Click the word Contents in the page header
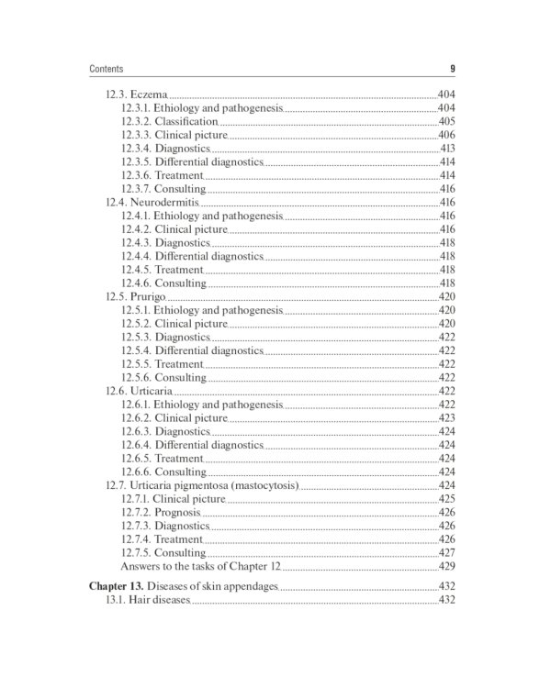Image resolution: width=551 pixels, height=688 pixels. [107, 69]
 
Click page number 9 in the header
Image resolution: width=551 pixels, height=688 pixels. [453, 69]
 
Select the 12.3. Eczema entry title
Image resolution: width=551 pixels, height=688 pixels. [136, 94]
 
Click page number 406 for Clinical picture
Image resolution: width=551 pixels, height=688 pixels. [447, 135]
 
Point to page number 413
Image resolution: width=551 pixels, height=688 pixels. [448, 148]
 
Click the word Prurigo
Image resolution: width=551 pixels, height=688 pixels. [147, 296]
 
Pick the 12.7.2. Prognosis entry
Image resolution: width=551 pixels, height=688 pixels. [160, 512]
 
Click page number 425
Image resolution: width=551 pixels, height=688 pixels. [447, 499]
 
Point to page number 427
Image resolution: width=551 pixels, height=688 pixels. [447, 553]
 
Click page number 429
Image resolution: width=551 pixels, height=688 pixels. [447, 567]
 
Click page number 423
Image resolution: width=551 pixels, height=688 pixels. [447, 417]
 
